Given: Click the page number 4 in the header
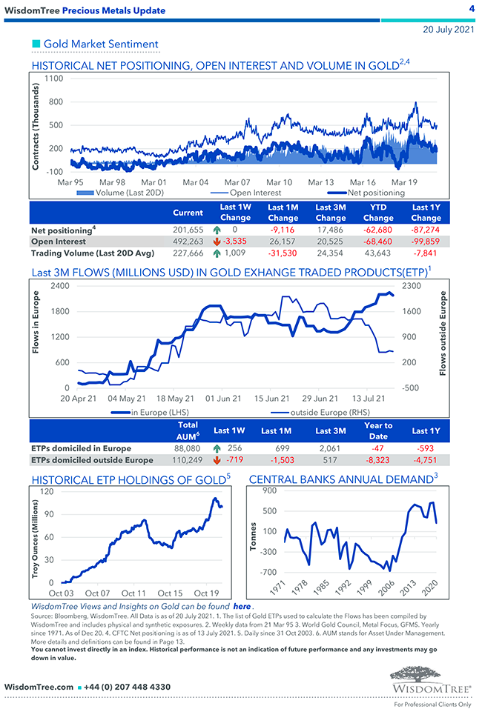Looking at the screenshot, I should click(x=472, y=9).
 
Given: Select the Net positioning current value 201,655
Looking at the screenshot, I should click(x=188, y=230).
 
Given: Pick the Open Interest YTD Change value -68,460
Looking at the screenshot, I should click(x=378, y=242).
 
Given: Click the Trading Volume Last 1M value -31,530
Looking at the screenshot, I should click(x=283, y=253).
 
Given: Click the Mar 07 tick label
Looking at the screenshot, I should click(x=237, y=182).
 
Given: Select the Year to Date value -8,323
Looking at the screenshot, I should click(x=378, y=460).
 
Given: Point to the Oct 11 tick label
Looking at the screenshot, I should click(x=133, y=593).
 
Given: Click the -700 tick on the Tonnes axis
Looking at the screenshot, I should click(x=266, y=572).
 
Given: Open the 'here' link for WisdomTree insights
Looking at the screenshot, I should click(x=242, y=606).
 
